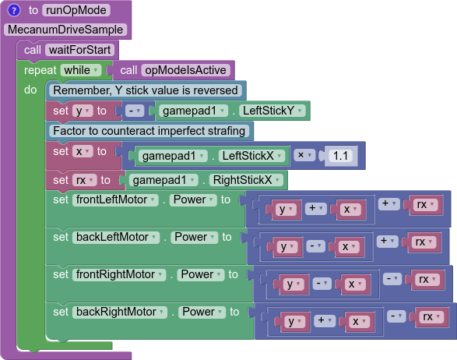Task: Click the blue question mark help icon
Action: pos(14,10)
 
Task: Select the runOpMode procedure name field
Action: pos(76,10)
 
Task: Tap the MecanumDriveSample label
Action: pos(65,30)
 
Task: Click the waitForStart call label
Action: pos(80,50)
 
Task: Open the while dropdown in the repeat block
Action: pos(81,70)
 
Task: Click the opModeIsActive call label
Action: pos(185,70)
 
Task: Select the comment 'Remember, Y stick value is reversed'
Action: pos(146,90)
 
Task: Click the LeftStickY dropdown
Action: pos(272,111)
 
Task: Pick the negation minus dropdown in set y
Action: pos(135,111)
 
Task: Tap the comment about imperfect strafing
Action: pos(149,131)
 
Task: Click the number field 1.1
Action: pos(340,156)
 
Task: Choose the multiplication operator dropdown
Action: pos(304,155)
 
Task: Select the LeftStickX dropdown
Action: pos(251,156)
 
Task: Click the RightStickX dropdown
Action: pos(246,180)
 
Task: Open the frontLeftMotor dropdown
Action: pos(115,200)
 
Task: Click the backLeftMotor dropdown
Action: pos(116,238)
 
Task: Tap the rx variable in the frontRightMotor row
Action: pos(427,280)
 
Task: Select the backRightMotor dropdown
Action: pos(119,312)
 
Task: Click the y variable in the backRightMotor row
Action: pos(294,322)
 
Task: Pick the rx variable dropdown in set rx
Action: pos(84,180)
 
